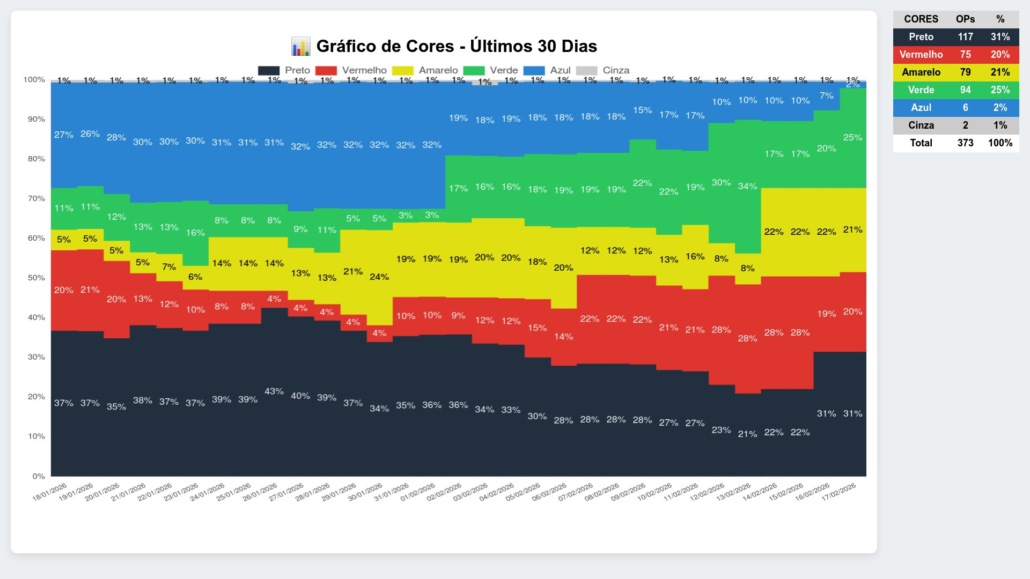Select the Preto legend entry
[284, 70]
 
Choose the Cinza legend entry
[602, 70]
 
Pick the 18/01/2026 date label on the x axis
[50, 492]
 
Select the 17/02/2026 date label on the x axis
[839, 492]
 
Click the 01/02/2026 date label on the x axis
[418, 492]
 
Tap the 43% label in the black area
[274, 391]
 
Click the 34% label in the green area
[747, 186]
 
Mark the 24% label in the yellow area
[379, 277]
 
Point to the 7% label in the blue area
[827, 95]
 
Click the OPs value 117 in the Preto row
[965, 37]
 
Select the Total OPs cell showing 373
[965, 143]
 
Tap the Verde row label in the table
[921, 90]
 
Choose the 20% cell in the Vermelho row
[1000, 55]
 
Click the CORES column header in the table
[921, 19]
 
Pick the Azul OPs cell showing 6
[965, 108]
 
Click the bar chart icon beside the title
[300, 46]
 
